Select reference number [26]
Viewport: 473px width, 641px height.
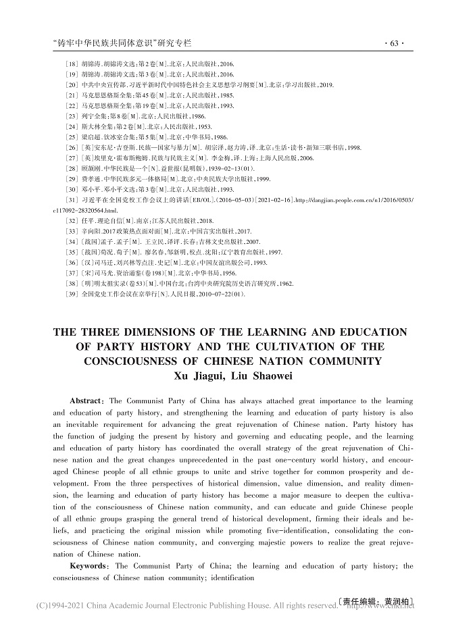pos(71,147)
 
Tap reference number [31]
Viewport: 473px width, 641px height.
pos(71,201)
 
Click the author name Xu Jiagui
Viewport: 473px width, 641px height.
pos(199,376)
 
